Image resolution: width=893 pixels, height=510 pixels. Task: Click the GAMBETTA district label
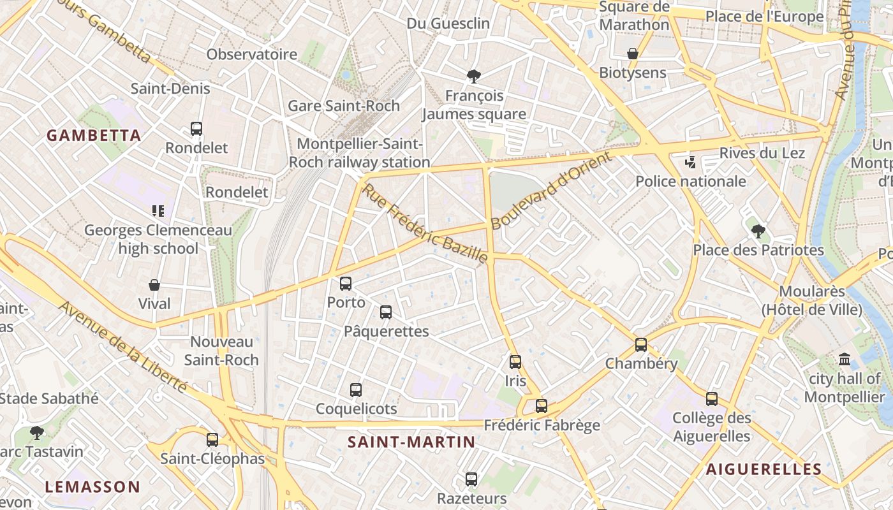click(94, 135)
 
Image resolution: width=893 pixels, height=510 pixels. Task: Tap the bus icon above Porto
click(346, 284)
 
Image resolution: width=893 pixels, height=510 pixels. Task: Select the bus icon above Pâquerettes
click(386, 312)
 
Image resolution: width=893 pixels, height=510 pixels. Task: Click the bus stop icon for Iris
click(515, 362)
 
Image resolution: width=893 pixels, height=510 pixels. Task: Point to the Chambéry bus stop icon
click(641, 345)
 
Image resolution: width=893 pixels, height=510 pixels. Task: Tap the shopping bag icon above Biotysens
click(633, 54)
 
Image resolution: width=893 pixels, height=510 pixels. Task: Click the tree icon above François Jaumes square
click(474, 77)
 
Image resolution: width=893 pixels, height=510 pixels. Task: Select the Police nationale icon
click(690, 163)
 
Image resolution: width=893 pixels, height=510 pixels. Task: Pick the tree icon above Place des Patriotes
click(758, 231)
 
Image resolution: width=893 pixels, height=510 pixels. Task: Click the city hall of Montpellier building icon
click(845, 360)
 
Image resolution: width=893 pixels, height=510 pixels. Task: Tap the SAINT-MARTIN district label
click(411, 442)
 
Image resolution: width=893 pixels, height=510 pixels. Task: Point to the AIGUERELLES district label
click(764, 470)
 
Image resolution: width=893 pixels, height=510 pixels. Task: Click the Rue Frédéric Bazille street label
click(425, 224)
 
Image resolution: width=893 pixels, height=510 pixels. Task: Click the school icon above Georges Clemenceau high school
click(158, 211)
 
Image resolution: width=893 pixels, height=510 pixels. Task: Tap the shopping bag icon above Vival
click(154, 285)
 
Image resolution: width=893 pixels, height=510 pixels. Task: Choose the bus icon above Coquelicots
click(356, 390)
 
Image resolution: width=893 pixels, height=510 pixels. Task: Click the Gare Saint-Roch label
click(344, 106)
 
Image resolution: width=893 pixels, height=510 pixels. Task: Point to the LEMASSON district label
click(92, 487)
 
